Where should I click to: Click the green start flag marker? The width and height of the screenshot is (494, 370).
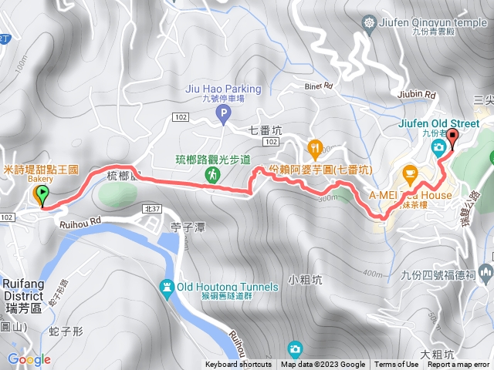point(42,197)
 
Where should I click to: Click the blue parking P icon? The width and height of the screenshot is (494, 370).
point(224,116)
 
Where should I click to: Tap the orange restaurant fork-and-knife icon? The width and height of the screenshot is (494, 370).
point(315,147)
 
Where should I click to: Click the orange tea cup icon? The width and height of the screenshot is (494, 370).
point(409,171)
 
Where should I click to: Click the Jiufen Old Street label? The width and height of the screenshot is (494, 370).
point(450,123)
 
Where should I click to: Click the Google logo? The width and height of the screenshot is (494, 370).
point(29,359)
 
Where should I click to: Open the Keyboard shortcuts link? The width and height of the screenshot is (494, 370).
point(239,365)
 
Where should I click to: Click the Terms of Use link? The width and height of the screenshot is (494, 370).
point(397,365)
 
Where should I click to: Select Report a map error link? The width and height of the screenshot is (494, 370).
point(459,365)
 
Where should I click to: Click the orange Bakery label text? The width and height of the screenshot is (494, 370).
point(41,179)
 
